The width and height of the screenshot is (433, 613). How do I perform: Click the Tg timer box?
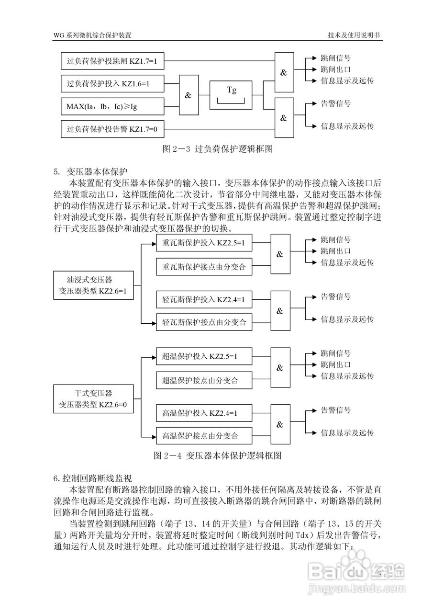pos(231,95)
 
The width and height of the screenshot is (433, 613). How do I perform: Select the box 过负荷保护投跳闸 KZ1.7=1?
pos(113,61)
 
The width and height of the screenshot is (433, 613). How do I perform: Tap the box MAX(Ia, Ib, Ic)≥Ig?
pos(113,106)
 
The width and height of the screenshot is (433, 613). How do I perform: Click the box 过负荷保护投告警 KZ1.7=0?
pos(113,129)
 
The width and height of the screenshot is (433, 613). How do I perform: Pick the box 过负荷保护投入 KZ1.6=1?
pos(113,84)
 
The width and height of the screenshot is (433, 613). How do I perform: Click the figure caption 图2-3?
pos(218,149)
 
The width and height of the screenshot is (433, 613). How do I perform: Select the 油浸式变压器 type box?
pos(93,285)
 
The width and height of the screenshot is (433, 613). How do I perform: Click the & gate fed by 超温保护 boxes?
pos(280,368)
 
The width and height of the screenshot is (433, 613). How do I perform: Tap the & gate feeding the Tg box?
pos(188,95)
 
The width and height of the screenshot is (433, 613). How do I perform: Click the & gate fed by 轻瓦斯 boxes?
pos(280,311)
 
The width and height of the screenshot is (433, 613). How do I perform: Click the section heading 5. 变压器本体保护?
pos(91,171)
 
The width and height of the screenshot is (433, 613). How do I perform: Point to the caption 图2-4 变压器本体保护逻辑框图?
pos(218,455)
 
